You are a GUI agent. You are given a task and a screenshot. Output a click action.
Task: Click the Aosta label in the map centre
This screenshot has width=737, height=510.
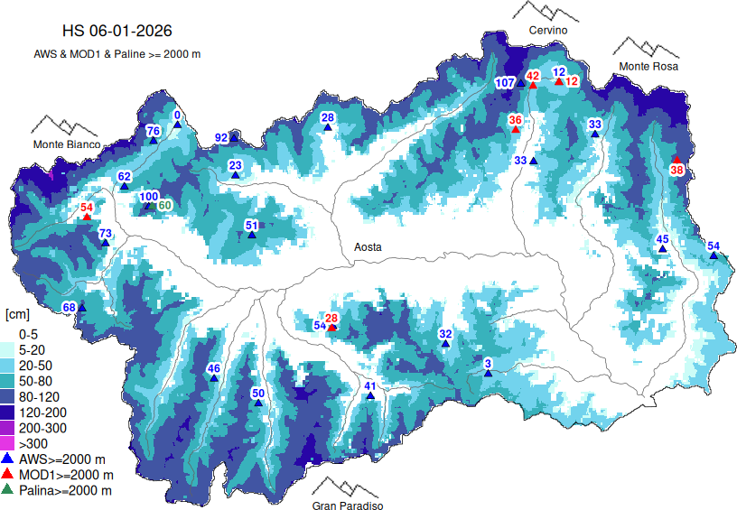[x=368, y=246]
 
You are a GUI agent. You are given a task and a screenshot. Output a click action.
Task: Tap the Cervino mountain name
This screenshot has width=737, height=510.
[x=548, y=31]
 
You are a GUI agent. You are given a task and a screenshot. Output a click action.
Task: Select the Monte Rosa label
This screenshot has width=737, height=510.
[x=648, y=67]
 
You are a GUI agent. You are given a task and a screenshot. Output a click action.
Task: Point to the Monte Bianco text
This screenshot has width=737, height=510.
[x=66, y=144]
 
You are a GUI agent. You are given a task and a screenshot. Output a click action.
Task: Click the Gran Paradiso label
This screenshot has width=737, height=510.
[x=348, y=506]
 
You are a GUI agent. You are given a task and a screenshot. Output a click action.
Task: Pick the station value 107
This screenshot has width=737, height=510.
[x=505, y=83]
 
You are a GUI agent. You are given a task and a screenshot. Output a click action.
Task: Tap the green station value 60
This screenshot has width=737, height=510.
[x=164, y=206]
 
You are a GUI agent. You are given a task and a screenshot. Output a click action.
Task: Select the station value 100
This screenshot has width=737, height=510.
[x=149, y=197]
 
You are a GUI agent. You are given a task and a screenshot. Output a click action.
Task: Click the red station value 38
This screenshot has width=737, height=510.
[x=676, y=169]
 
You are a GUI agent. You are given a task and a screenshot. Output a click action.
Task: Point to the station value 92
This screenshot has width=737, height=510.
[x=221, y=138]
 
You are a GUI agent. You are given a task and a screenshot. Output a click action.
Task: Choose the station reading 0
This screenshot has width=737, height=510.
[x=177, y=115]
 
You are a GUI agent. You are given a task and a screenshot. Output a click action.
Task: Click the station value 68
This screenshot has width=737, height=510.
[x=69, y=308]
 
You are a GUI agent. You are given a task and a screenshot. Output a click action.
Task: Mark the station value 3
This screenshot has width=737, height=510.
[x=488, y=364]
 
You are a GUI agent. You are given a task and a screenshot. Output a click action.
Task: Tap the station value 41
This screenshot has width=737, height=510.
[x=369, y=386]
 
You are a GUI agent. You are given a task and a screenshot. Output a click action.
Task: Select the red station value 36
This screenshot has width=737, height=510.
[x=515, y=120]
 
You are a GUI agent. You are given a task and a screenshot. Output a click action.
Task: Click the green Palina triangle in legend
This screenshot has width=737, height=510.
[x=9, y=490]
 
